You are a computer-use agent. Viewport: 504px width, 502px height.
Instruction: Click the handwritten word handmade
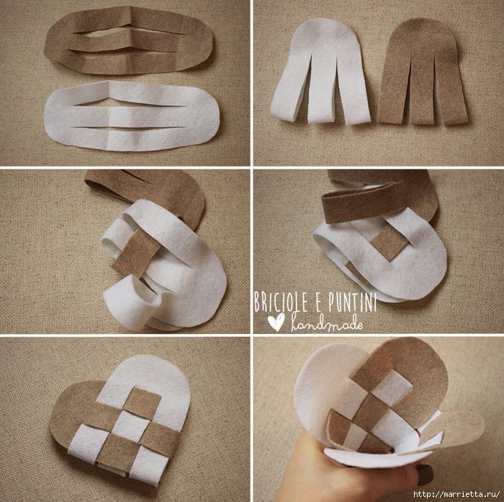(x=327, y=322)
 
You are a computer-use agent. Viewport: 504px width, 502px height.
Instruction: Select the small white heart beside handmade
(x=276, y=322)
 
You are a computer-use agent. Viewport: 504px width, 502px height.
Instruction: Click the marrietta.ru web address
(x=456, y=493)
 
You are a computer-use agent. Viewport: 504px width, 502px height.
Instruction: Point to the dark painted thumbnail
(x=425, y=475)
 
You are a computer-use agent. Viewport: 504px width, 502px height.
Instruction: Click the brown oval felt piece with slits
(x=128, y=40)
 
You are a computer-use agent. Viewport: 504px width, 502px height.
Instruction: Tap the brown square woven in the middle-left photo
(x=135, y=253)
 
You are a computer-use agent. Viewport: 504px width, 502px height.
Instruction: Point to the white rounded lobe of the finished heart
(x=151, y=383)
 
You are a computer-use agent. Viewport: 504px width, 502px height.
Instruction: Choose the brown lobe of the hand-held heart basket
(x=415, y=367)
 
